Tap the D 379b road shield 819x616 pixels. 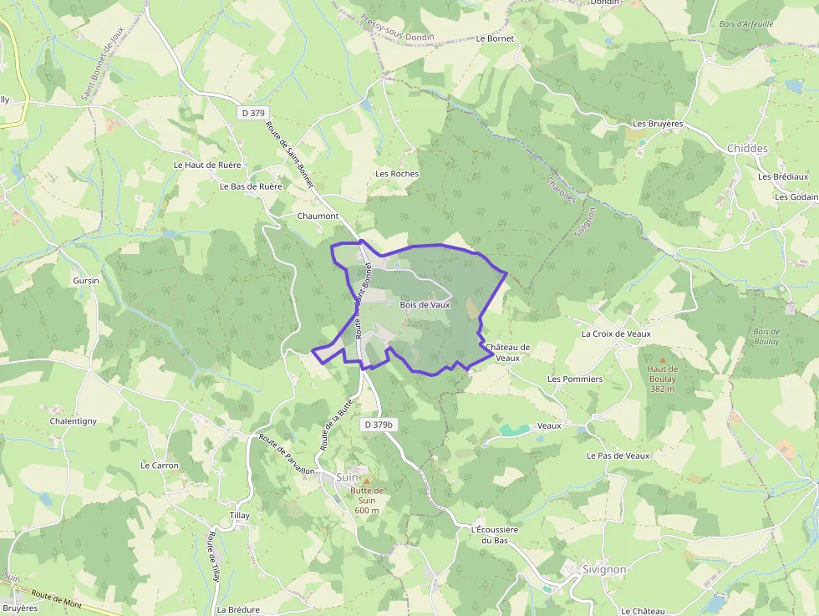tap(379, 425)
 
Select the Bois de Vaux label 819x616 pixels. tap(425, 305)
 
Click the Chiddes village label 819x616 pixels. tap(747, 149)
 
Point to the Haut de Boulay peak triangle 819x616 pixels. tap(663, 360)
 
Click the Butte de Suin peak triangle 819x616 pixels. tap(365, 481)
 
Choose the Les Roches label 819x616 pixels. tap(397, 174)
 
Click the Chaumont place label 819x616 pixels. tap(318, 216)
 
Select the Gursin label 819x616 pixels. tap(86, 281)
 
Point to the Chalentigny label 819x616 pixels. tap(74, 421)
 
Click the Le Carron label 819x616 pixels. tap(160, 466)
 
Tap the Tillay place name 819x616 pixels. tap(239, 516)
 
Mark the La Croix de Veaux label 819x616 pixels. tap(616, 333)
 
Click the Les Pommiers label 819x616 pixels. tap(575, 379)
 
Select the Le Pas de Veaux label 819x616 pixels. tap(618, 456)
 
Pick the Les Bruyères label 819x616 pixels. tap(658, 124)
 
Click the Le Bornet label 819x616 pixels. tap(495, 38)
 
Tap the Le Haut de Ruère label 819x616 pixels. tap(207, 165)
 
